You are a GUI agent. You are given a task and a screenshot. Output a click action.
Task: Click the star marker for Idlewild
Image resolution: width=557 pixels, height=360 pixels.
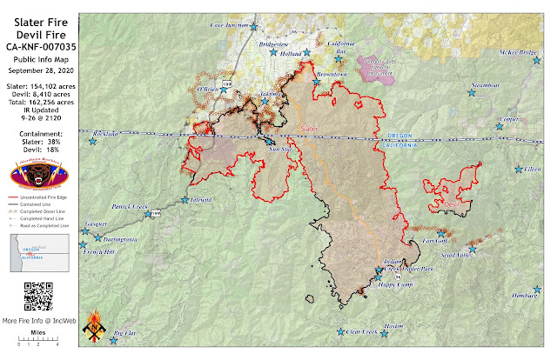pos(185,200)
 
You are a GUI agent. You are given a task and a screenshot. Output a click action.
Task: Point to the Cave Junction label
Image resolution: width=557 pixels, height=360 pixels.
pos(228,25)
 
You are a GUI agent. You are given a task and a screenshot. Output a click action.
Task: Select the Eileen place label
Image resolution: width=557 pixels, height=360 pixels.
pos(530,169)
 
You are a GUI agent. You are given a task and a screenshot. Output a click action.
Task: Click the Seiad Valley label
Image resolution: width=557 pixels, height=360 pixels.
pos(456,255)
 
